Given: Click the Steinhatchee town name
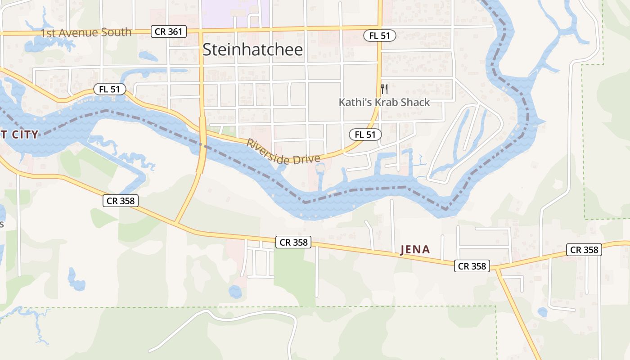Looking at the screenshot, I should tap(253, 49).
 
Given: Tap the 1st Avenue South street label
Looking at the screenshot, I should tap(86, 32).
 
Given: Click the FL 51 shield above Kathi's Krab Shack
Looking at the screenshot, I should tap(380, 36).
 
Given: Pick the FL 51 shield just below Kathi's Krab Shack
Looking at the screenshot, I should tap(365, 134).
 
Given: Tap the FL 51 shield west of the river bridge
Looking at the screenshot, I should tap(109, 89).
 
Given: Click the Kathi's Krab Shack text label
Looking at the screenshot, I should tap(384, 102).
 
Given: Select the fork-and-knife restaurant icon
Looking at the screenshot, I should tap(384, 89).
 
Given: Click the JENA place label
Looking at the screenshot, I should tap(415, 250).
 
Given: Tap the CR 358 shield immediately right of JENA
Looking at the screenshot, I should tap(472, 266).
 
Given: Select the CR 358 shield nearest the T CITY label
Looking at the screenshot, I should tap(121, 201).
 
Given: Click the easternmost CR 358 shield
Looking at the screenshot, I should tap(584, 250).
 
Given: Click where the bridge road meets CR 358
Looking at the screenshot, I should tap(175, 223).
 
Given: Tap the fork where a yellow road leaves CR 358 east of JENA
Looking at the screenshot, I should tap(497, 269).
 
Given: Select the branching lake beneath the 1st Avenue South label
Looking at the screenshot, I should tap(47, 44).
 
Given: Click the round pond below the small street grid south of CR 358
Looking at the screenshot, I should tap(235, 292).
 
